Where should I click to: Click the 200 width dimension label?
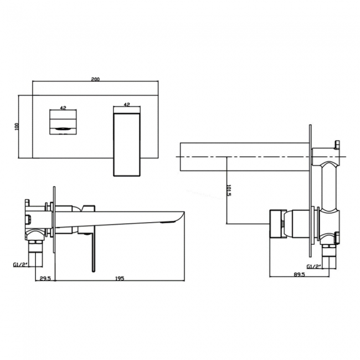click(x=96, y=79)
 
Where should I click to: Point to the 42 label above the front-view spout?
click(x=127, y=104)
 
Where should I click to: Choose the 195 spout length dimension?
click(x=120, y=279)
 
